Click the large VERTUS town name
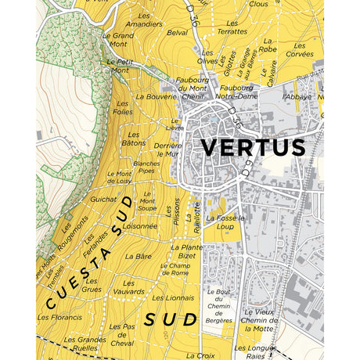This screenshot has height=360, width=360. (x=253, y=147)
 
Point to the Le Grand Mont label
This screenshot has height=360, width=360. (x=119, y=40)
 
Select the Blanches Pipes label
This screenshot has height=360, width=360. (x=146, y=167)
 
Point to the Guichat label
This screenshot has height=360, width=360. (x=103, y=200)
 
